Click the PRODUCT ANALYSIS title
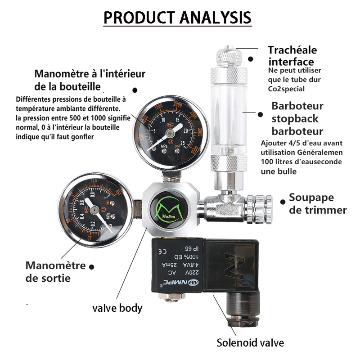(177, 18)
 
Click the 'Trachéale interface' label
(292, 56)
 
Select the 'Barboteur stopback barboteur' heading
(297, 119)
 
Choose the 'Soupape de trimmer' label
(317, 204)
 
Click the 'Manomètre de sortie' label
(55, 271)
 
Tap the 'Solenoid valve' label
(250, 343)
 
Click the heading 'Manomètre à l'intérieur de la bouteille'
(90, 80)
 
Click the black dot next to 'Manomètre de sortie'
(92, 266)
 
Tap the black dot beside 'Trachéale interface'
(251, 58)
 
